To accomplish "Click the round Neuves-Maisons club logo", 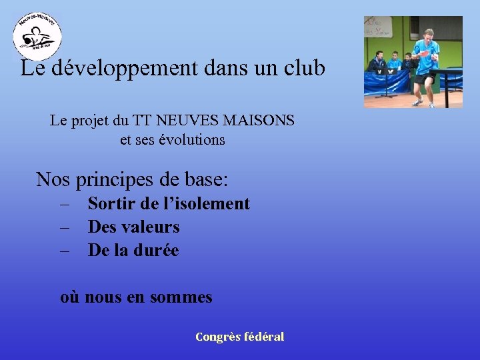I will pyautogui.click(x=37, y=36).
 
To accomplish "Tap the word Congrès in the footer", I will pyautogui.click(x=218, y=337).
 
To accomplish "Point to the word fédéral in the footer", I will pyautogui.click(x=265, y=337).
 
